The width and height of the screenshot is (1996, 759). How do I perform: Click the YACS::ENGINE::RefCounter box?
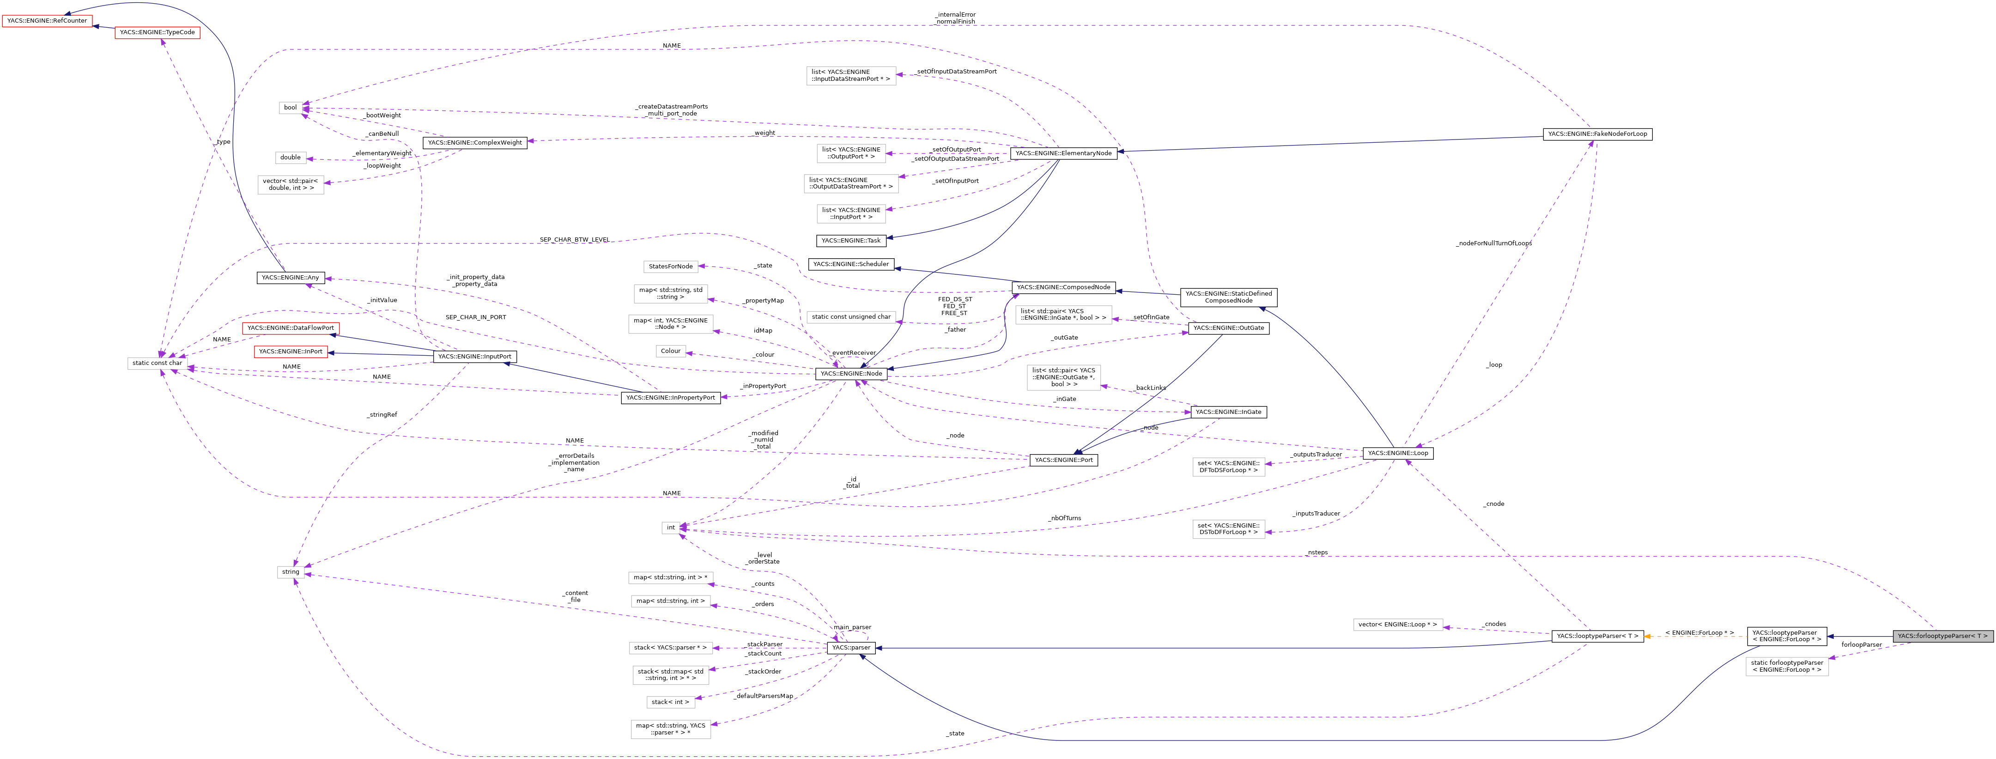(47, 21)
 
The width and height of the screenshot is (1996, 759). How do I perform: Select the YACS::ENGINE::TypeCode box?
(158, 32)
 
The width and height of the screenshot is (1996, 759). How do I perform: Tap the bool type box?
(291, 108)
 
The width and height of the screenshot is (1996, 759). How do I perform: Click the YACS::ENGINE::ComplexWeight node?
(475, 143)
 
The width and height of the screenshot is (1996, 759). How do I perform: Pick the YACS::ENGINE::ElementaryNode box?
(1063, 153)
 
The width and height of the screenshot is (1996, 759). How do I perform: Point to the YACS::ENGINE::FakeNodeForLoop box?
(1597, 134)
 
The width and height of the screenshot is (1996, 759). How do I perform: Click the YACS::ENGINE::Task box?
(851, 240)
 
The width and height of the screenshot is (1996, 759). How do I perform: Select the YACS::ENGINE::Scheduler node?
(851, 264)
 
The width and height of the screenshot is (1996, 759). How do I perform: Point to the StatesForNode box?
(670, 267)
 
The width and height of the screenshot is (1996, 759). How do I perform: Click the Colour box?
(670, 351)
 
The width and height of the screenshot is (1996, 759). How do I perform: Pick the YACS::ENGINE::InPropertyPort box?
(670, 398)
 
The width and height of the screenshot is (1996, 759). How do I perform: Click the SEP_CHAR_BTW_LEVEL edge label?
(574, 240)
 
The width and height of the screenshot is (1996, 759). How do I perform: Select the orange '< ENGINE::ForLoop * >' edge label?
(1699, 632)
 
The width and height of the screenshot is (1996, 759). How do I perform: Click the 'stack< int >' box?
(670, 702)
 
